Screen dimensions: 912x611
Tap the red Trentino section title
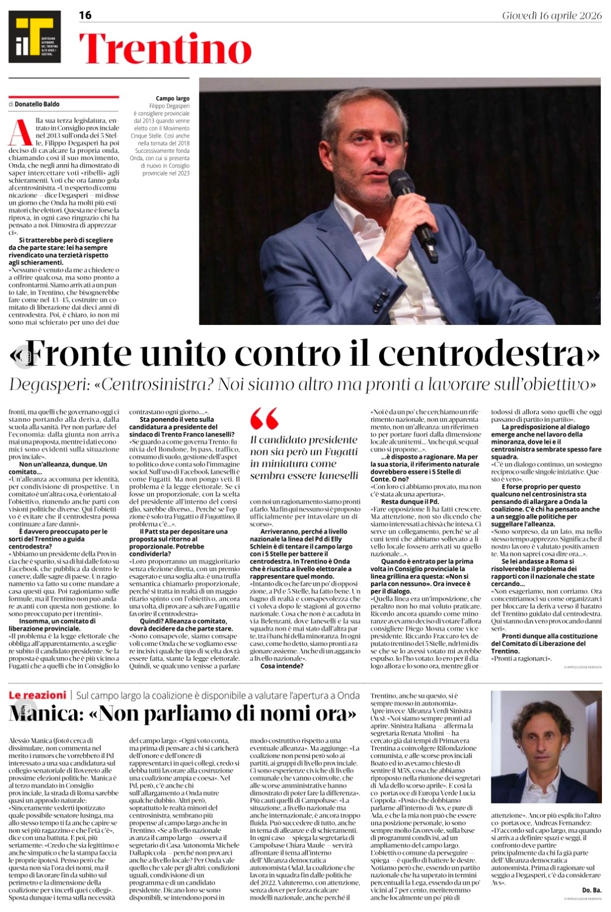click(x=165, y=49)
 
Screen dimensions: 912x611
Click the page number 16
click(x=85, y=15)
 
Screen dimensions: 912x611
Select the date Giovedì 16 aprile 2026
click(x=552, y=15)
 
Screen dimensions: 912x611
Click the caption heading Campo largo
click(x=173, y=99)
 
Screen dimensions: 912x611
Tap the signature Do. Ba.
click(x=592, y=890)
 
